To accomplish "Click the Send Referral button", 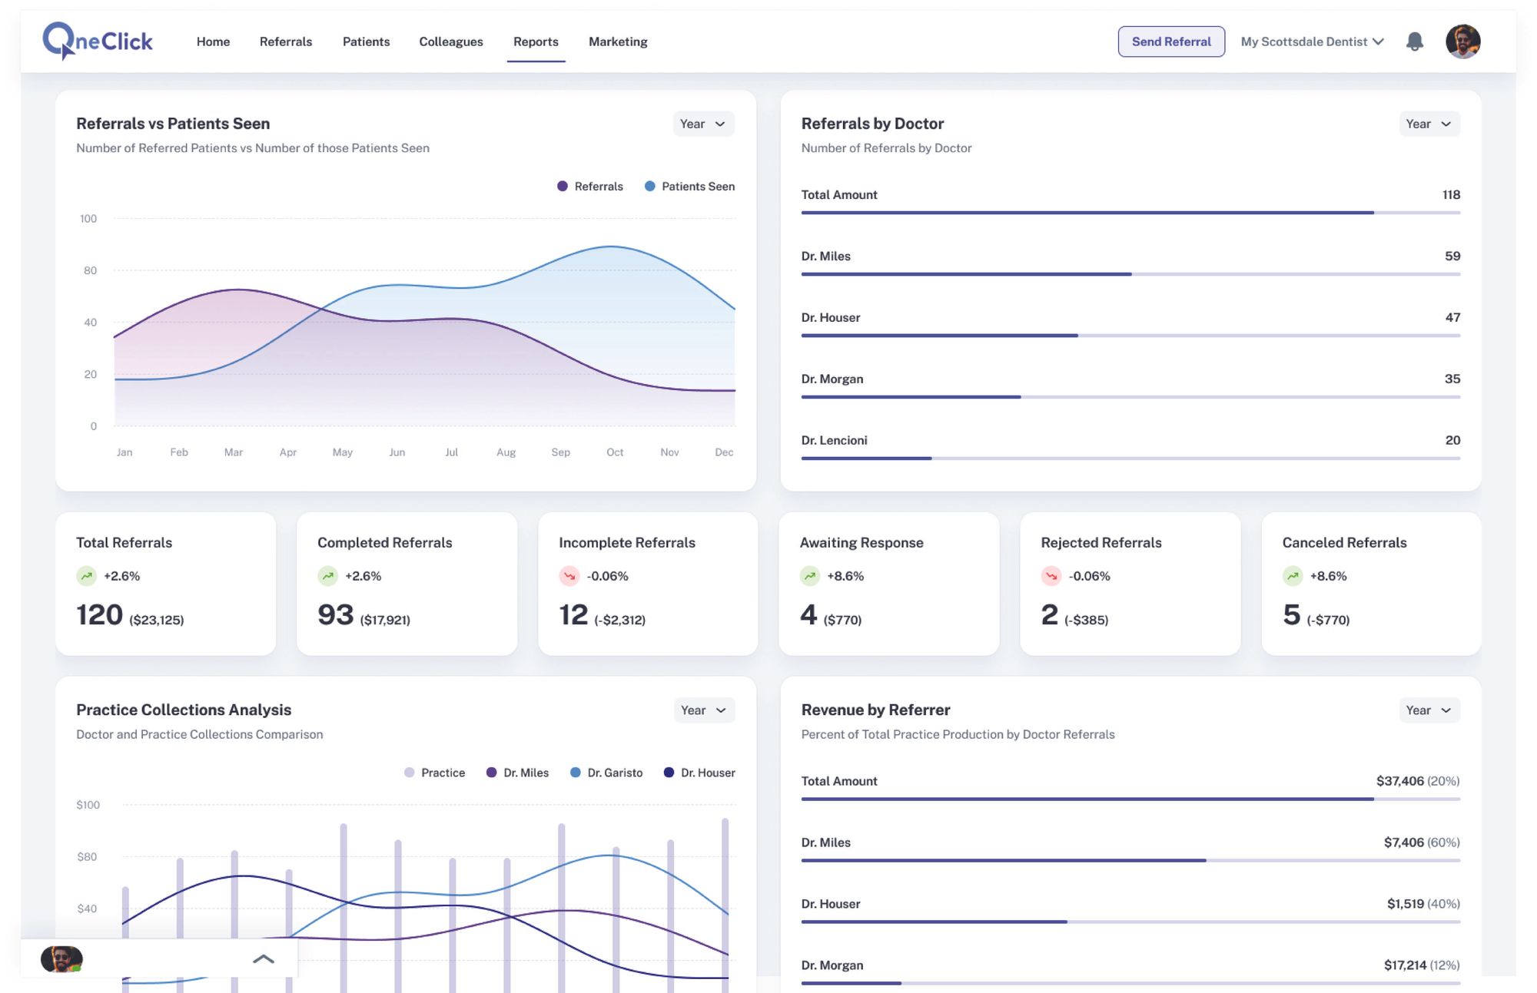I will [1170, 41].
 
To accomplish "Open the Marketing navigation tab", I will [618, 41].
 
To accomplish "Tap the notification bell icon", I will [1414, 41].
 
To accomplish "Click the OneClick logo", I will [98, 41].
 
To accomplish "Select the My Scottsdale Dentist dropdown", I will [1312, 41].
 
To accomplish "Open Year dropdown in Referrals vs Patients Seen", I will [703, 124].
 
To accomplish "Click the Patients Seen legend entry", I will [689, 187].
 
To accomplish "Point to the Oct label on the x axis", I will [615, 452].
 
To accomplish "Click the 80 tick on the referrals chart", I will [90, 270].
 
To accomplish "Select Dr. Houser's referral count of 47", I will [1452, 317].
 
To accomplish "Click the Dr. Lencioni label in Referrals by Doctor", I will [834, 440].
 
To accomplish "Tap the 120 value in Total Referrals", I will [99, 614].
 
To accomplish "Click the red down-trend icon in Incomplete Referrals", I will [569, 576].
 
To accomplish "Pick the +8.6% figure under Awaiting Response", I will [845, 576].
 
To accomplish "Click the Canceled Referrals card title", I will [1344, 542].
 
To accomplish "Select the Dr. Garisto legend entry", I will [606, 773].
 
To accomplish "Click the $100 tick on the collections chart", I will [88, 805].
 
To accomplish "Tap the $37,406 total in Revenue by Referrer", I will [1399, 781].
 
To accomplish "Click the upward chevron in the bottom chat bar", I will [264, 958].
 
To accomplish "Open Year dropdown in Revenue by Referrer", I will [1429, 710].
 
